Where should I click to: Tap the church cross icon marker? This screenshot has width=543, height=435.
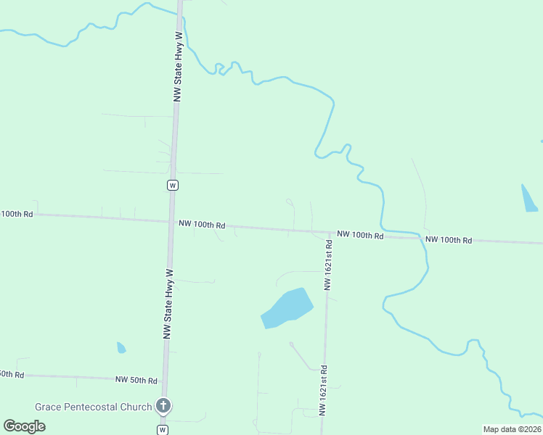click(164, 406)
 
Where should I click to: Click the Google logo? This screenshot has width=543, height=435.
click(25, 426)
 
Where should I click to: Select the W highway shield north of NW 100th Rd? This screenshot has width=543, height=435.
click(173, 185)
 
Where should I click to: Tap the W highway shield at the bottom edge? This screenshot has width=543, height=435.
click(163, 430)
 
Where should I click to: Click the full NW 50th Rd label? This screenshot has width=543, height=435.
click(136, 380)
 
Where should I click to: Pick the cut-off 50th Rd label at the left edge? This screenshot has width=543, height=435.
click(12, 374)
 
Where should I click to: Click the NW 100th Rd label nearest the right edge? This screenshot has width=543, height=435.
click(449, 240)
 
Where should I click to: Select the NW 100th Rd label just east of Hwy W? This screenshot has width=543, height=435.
click(202, 225)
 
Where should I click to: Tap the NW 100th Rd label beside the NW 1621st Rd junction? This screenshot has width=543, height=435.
click(360, 236)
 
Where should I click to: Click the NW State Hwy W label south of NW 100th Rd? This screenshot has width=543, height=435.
click(168, 304)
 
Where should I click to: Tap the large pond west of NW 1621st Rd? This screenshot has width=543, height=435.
click(287, 308)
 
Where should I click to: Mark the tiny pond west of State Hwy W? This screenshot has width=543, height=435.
click(121, 348)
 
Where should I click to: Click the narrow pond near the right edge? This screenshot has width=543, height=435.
click(529, 198)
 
